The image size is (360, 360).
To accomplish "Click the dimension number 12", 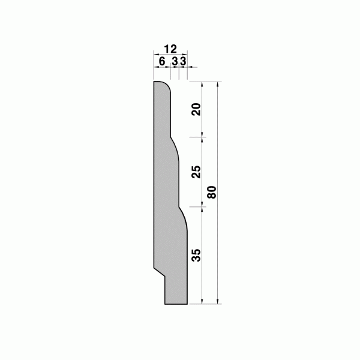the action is click(x=170, y=49).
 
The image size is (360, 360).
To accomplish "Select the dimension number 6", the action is click(x=162, y=62).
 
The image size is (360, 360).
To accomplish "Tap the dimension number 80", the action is click(x=212, y=192).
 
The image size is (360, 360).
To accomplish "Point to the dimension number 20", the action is click(x=196, y=109).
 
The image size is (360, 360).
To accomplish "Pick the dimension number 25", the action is click(x=196, y=172).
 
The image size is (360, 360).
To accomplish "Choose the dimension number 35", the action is click(x=196, y=255).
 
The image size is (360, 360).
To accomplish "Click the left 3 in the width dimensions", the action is click(x=175, y=62).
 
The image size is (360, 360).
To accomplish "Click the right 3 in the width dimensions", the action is click(x=183, y=62).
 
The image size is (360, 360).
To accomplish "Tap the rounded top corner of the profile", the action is click(x=167, y=85).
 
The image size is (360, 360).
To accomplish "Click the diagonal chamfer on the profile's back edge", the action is click(x=160, y=272).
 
